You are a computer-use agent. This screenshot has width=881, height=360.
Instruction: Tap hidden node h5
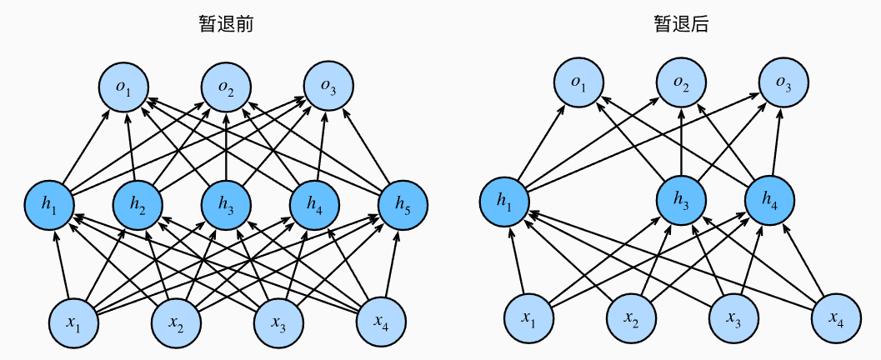pyautogui.click(x=403, y=204)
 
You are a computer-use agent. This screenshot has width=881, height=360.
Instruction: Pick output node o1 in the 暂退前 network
pyautogui.click(x=123, y=85)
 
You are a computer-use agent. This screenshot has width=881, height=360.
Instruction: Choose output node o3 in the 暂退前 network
pyautogui.click(x=328, y=85)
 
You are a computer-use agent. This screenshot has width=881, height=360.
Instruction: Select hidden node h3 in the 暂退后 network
pyautogui.click(x=681, y=200)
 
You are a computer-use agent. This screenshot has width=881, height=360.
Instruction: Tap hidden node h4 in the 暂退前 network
pyautogui.click(x=314, y=204)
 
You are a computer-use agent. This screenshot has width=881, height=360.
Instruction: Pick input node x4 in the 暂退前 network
pyautogui.click(x=381, y=320)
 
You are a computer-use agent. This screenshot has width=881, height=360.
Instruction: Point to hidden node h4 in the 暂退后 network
pyautogui.click(x=770, y=200)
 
